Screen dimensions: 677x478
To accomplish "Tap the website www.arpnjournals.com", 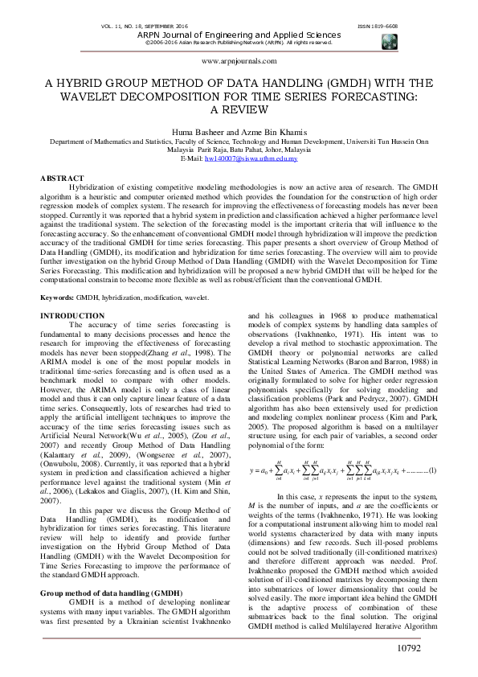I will pos(239,61).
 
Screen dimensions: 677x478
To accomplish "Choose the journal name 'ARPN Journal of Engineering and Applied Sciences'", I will pos(239,35).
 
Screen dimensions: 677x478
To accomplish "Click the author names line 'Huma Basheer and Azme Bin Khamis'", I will pos(239,130).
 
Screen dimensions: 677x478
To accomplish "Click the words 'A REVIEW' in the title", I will pos(239,109).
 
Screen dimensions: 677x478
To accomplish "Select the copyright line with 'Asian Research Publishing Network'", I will pos(239,43).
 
